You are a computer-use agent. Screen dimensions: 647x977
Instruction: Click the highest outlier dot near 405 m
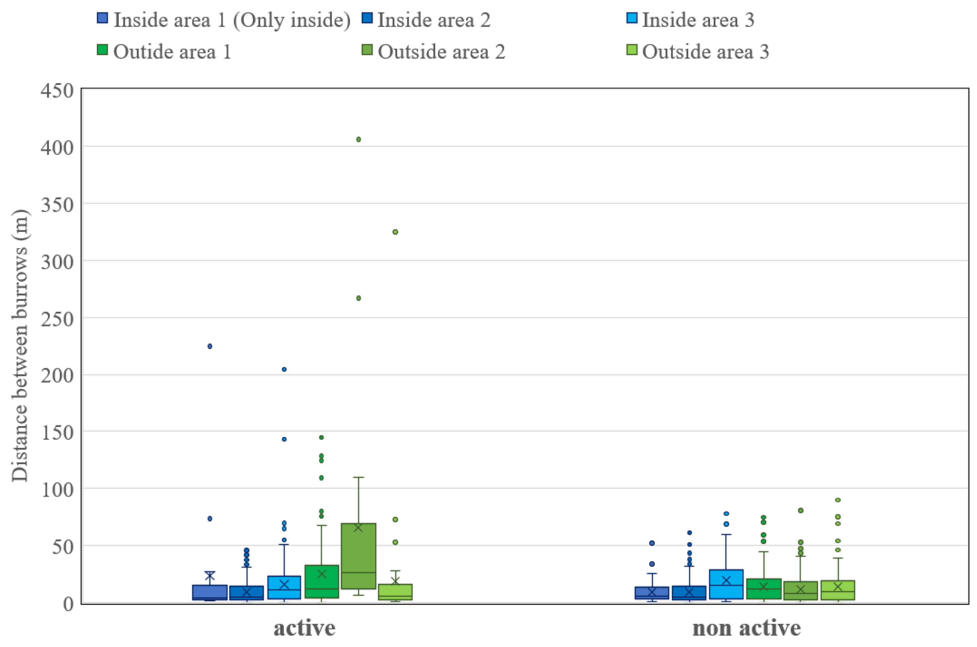coord(358,139)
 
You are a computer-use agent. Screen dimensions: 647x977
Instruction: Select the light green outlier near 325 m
coord(395,232)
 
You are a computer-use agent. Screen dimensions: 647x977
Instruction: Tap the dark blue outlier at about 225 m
coord(210,346)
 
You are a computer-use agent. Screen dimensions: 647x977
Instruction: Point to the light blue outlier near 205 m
coord(284,369)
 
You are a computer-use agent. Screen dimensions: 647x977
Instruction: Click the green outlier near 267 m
coord(358,298)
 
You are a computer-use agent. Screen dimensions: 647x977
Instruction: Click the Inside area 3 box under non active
coord(726,584)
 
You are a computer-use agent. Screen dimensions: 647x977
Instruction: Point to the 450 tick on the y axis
coord(57,90)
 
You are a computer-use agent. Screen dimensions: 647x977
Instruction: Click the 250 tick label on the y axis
coord(57,319)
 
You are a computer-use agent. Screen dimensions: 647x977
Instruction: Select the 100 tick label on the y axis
coord(57,490)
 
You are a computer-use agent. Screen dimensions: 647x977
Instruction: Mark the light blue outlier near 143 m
coord(284,439)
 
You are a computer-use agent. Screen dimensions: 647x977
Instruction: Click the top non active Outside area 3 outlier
coord(838,500)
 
